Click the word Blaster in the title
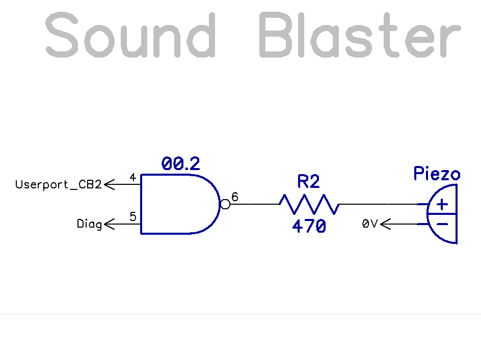pyautogui.click(x=360, y=35)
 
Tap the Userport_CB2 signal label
pyautogui.click(x=59, y=184)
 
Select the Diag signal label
pyautogui.click(x=89, y=224)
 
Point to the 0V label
pyautogui.click(x=370, y=224)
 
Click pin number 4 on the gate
pyautogui.click(x=132, y=178)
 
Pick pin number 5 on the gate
pyautogui.click(x=132, y=217)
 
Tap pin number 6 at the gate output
pyautogui.click(x=235, y=197)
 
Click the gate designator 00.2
pyautogui.click(x=181, y=164)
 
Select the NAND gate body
pyautogui.click(x=176, y=204)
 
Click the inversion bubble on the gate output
pyautogui.click(x=225, y=204)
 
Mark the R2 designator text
pyautogui.click(x=309, y=182)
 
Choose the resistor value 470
pyautogui.click(x=309, y=226)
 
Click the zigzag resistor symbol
pyautogui.click(x=309, y=204)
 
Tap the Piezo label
pyautogui.click(x=437, y=174)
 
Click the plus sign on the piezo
pyautogui.click(x=442, y=204)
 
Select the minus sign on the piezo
pyautogui.click(x=442, y=224)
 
